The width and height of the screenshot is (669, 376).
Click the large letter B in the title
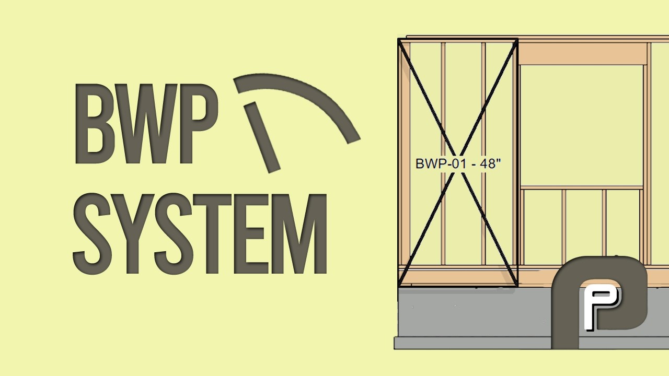click(93, 124)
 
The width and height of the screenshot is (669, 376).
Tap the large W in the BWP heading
click(145, 124)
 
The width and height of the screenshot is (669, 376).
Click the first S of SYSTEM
click(93, 233)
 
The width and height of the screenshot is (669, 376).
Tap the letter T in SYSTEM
click(212, 233)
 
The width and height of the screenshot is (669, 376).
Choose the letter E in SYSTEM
click(251, 233)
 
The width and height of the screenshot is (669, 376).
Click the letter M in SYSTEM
click(301, 233)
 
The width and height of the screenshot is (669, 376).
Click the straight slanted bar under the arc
click(262, 137)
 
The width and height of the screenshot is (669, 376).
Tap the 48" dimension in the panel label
click(490, 163)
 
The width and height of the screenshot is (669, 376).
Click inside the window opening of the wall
click(582, 126)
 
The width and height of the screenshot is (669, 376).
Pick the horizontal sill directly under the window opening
click(582, 187)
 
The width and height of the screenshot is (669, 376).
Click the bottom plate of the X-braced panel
click(458, 277)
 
